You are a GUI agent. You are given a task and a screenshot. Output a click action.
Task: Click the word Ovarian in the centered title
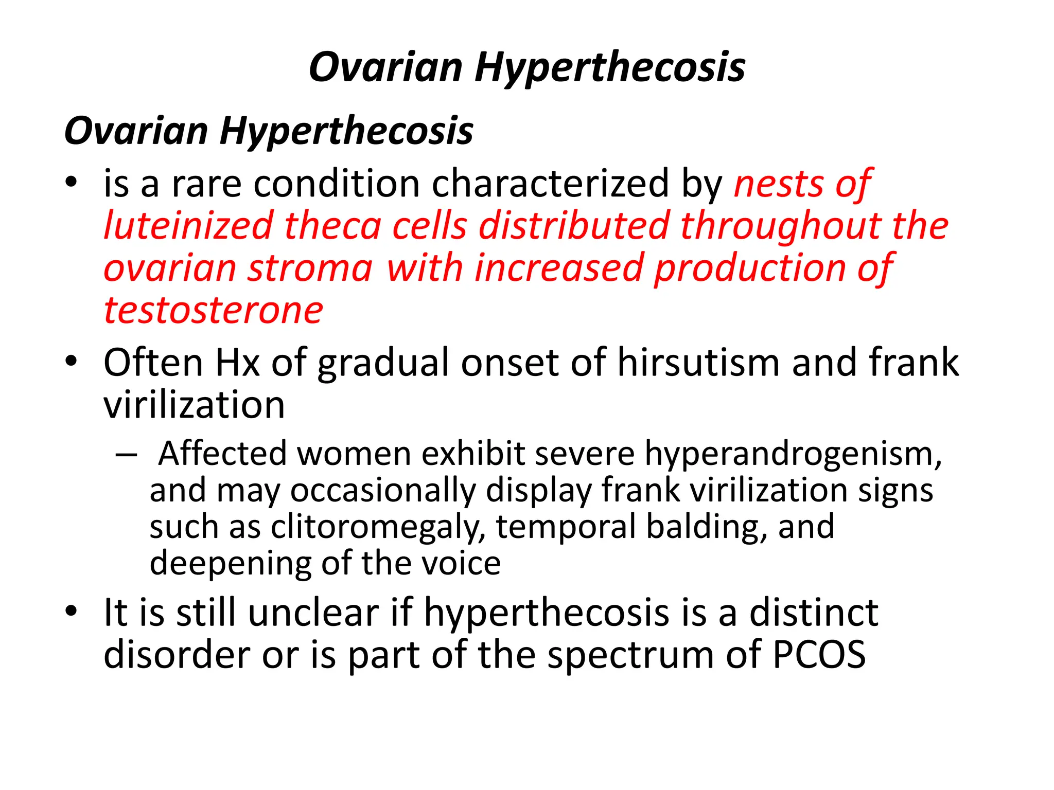(x=386, y=68)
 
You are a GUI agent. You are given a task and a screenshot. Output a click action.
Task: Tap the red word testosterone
(x=214, y=311)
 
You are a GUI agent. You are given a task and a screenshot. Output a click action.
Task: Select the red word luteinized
(x=188, y=226)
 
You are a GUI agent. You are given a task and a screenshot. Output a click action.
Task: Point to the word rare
(x=206, y=184)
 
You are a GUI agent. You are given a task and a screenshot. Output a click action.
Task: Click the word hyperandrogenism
(x=793, y=455)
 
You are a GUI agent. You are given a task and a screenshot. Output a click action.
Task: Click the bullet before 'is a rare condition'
(x=72, y=182)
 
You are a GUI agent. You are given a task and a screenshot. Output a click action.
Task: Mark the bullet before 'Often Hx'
(x=72, y=362)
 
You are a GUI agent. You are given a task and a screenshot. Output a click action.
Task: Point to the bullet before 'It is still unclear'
(x=72, y=612)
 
